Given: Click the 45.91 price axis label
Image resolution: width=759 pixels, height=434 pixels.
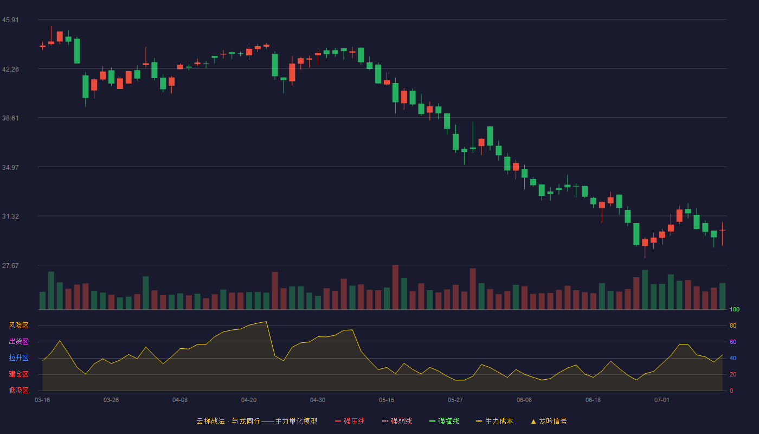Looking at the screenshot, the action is click(x=10, y=20).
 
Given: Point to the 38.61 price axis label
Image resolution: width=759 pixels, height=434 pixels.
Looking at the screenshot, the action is click(x=10, y=118).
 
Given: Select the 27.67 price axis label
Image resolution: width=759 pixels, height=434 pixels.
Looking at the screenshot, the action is click(x=10, y=265).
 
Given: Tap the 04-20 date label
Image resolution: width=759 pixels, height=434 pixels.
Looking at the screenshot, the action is click(x=249, y=400).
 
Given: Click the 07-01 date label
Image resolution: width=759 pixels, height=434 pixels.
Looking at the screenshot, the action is click(x=662, y=400).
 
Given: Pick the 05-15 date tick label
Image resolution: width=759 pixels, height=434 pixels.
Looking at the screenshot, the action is click(x=387, y=400).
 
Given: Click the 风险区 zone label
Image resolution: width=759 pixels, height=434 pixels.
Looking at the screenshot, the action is click(x=18, y=325).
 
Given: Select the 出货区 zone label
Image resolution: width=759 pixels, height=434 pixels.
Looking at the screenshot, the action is click(x=18, y=341).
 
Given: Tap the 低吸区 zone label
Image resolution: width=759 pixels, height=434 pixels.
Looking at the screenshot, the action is click(x=18, y=390).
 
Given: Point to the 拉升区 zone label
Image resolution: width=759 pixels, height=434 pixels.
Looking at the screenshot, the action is click(x=18, y=358).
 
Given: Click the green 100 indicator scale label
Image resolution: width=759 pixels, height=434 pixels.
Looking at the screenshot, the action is click(x=735, y=309).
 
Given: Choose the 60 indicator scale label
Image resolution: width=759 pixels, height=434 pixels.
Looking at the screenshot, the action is click(x=733, y=342).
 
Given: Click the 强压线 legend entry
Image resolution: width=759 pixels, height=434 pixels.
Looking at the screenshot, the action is click(x=350, y=421).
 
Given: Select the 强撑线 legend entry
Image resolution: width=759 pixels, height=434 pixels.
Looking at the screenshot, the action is click(x=444, y=421).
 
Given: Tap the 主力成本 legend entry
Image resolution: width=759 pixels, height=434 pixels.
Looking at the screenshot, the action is click(x=494, y=421).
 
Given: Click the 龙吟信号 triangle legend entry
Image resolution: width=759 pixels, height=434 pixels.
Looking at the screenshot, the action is click(x=549, y=421).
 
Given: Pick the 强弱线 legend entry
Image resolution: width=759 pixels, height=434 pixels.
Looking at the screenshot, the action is click(x=397, y=421).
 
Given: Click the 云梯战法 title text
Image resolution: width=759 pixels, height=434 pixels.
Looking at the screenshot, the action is click(x=210, y=421).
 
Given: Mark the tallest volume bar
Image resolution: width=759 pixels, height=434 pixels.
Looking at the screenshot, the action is click(x=395, y=287).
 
